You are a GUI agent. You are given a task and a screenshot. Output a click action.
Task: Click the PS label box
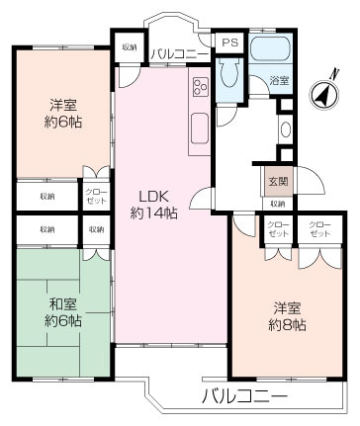click(x=229, y=43)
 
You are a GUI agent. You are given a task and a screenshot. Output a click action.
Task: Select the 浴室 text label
click(x=280, y=81)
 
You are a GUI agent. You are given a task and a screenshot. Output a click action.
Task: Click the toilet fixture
click(x=228, y=74)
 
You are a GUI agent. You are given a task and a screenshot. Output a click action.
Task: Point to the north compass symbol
click(x=324, y=94)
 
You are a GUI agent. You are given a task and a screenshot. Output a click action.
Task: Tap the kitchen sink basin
click(x=199, y=128)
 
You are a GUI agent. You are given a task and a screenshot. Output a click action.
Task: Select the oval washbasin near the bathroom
click(x=285, y=128)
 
